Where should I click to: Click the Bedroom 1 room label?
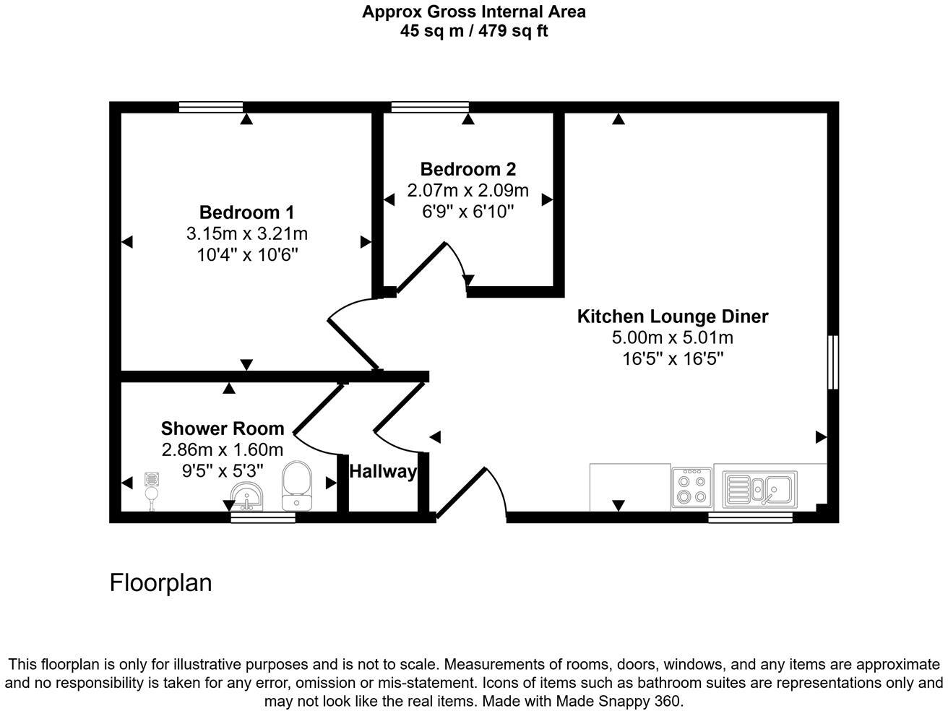246,212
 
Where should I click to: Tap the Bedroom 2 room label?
467,169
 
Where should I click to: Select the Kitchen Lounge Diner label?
672,316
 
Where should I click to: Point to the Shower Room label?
222,428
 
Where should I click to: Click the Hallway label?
383,472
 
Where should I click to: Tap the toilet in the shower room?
296,486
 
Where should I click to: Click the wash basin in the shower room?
247,497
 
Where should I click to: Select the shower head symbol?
152,488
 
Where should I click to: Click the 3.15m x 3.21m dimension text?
246,234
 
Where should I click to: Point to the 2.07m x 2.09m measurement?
467,191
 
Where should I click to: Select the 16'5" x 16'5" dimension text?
672,358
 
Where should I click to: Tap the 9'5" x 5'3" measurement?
222,470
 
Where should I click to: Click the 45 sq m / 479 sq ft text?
473,31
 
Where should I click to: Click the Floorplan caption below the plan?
160,582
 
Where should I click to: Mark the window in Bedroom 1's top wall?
210,107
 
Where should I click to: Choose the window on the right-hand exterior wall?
833,362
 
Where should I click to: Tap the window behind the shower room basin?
263,517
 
